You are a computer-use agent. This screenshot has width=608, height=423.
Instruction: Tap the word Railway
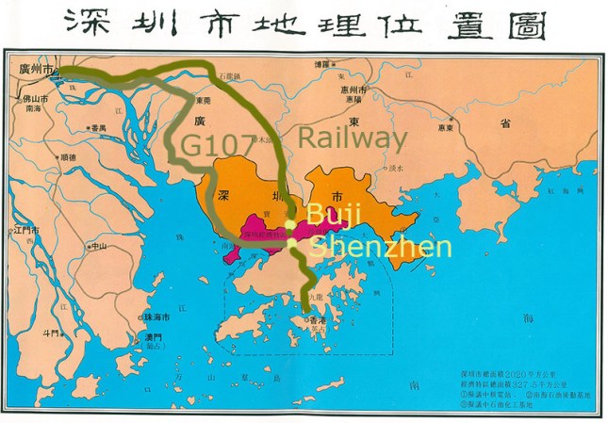pos(353,138)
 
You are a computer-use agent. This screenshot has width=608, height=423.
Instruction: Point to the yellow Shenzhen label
pos(382,247)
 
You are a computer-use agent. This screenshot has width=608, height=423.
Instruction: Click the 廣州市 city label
pos(36,68)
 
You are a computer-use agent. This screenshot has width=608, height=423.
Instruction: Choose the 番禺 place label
pos(97,127)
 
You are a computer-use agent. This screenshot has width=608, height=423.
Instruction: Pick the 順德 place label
pos(68,158)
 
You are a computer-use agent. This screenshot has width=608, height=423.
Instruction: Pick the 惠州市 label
pos(352,89)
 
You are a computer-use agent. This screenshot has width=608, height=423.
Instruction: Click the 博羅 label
pos(321,64)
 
